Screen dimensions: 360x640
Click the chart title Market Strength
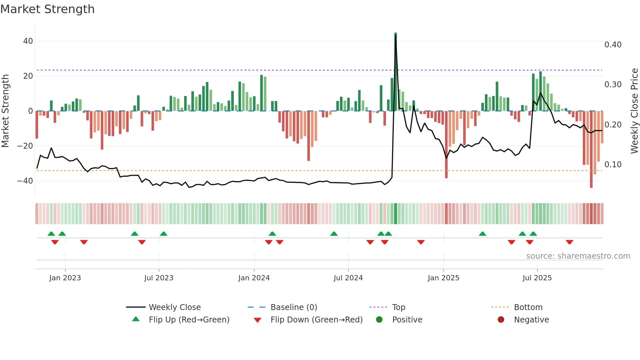point(47,9)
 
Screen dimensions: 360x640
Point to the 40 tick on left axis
point(28,41)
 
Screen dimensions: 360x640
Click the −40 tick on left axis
point(25,181)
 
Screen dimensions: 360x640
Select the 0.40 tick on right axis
point(613,45)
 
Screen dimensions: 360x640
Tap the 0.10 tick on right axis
point(613,165)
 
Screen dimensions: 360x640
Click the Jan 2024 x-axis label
point(254,278)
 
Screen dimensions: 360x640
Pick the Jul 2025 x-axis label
point(537,278)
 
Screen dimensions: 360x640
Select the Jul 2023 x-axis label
point(159,278)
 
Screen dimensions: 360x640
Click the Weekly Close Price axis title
point(634,111)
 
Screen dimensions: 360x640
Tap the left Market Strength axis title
point(5,111)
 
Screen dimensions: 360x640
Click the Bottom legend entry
point(528,307)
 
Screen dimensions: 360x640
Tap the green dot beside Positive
point(379,319)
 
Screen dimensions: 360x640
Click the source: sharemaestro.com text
point(578,256)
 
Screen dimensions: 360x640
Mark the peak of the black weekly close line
point(395,35)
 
